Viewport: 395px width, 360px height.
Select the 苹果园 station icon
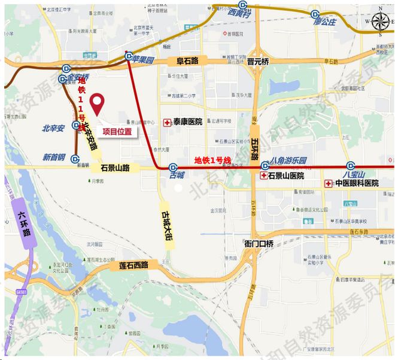(x=129, y=56)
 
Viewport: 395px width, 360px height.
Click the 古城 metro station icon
(x=173, y=168)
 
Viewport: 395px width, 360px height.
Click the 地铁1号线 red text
(x=212, y=160)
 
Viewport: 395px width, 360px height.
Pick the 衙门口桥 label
(x=259, y=243)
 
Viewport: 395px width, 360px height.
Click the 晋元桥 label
(x=258, y=62)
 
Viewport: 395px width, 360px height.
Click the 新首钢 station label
(x=54, y=158)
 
